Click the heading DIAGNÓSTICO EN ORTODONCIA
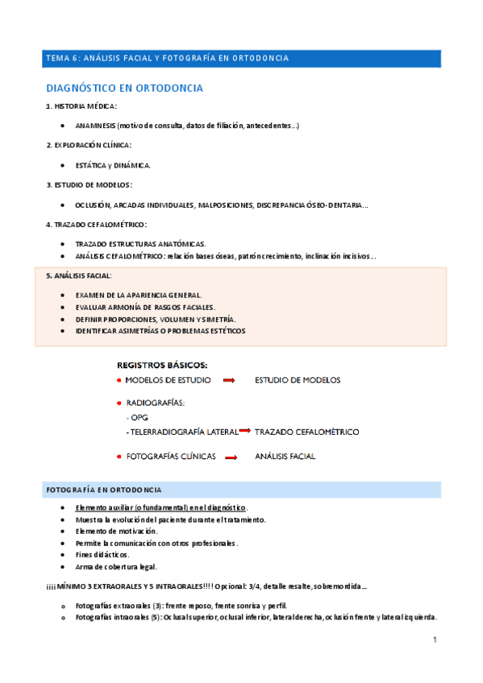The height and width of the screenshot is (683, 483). (125, 88)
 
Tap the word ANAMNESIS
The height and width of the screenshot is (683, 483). (95, 126)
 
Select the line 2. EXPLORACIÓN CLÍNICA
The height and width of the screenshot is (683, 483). (89, 145)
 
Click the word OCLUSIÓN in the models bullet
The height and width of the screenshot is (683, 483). (92, 205)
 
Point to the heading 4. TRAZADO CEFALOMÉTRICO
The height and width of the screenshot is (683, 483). (97, 224)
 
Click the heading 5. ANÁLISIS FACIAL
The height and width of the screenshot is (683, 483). (80, 276)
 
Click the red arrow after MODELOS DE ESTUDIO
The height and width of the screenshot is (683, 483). (228, 380)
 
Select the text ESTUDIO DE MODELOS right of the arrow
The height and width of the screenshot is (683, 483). (298, 380)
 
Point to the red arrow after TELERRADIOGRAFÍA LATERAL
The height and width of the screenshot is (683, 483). (245, 432)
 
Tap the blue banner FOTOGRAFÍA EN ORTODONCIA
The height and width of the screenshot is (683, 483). (104, 490)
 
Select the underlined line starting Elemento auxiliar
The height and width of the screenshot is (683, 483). (160, 508)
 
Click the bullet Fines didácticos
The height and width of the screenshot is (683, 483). (102, 554)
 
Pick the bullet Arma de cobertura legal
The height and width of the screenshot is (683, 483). (115, 566)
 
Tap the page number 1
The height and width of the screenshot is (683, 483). (435, 640)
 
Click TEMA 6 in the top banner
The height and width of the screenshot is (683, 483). (62, 58)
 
